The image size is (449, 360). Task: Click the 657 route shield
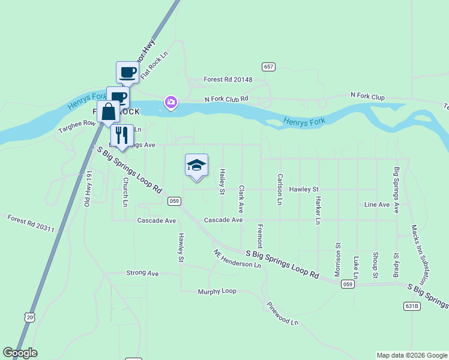pos(268,67)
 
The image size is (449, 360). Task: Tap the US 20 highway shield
pos(30,316)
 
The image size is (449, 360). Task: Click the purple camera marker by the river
pos(171,103)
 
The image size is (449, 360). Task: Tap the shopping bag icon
pos(108,112)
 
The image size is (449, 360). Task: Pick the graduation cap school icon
pos(196,165)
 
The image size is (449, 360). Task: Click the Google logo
pos(20,353)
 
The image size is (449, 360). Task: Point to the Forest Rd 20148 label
pos(228,80)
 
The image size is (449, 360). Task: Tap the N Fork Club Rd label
pos(226,99)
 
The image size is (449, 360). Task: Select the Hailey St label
pos(222,181)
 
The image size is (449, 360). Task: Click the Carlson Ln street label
pos(280,190)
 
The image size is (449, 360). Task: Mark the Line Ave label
pos(377,205)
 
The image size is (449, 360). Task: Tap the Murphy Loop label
pos(217,292)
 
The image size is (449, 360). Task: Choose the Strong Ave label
pos(142,273)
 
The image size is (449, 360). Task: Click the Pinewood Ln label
pos(282,313)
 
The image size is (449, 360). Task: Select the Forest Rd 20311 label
pos(31,224)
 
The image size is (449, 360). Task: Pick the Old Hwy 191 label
pos(88,189)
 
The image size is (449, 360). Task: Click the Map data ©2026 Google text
pos(412,355)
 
